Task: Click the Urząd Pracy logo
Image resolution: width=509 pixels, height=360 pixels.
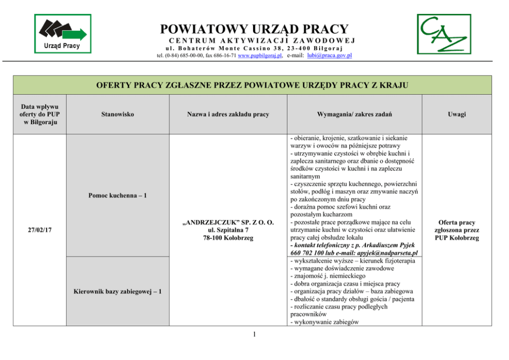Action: tap(62, 33)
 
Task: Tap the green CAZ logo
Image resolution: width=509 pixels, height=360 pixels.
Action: tap(443, 34)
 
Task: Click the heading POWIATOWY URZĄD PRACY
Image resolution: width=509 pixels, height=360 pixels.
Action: tap(254, 29)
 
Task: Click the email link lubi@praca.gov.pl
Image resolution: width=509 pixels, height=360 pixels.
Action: tap(329, 55)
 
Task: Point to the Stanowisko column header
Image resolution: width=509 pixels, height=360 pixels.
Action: tap(118, 114)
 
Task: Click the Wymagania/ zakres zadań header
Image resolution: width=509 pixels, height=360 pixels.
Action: tap(354, 114)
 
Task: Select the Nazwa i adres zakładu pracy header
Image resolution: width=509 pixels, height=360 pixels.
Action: tap(228, 114)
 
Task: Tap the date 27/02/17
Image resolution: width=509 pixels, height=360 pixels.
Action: tap(40, 231)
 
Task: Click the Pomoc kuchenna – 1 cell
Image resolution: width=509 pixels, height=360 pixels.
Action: tap(118, 195)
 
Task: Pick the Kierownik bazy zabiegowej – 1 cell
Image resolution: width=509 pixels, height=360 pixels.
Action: tap(118, 292)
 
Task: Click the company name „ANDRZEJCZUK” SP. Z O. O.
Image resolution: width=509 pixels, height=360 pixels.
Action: tap(228, 223)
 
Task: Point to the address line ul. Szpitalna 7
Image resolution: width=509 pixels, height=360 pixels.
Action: tap(228, 231)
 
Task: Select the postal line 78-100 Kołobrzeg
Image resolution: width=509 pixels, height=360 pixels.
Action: tap(228, 238)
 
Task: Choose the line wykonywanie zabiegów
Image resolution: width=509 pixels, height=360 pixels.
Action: tap(325, 322)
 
